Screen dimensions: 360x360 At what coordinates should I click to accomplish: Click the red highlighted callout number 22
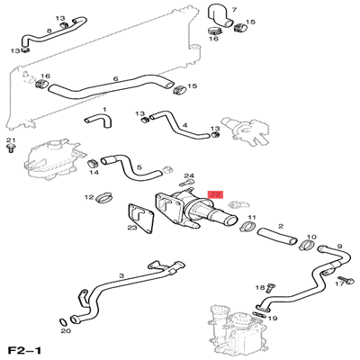(214, 193)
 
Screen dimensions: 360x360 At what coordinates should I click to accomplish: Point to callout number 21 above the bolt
(11, 141)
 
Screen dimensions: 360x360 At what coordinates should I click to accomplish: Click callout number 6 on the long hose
(115, 79)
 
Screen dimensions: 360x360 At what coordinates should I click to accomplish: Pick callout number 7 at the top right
(233, 10)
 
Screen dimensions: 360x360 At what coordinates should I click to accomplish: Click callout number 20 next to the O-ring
(66, 331)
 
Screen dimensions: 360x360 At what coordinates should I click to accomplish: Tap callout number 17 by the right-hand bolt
(339, 283)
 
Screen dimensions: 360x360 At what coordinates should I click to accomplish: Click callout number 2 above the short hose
(280, 226)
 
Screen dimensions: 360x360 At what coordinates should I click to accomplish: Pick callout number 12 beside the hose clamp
(88, 197)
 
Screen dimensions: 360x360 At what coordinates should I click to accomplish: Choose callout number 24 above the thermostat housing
(188, 175)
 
